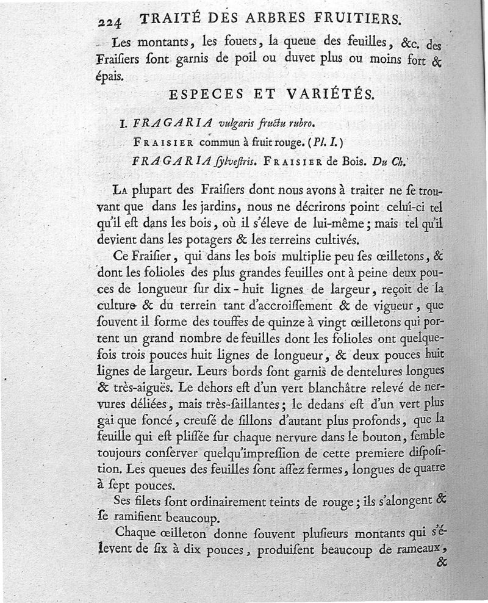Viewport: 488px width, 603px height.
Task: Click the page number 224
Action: [110, 21]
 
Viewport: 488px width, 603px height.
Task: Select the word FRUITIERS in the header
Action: [355, 19]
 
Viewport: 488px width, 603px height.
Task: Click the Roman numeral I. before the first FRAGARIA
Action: [123, 123]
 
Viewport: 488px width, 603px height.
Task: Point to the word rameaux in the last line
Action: [417, 549]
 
